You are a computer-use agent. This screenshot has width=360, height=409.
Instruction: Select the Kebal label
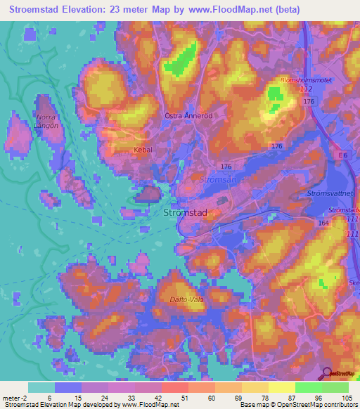tap(143, 150)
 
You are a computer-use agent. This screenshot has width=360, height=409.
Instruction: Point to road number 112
tap(305, 90)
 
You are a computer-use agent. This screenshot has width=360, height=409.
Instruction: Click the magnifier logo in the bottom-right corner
tap(328, 375)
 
